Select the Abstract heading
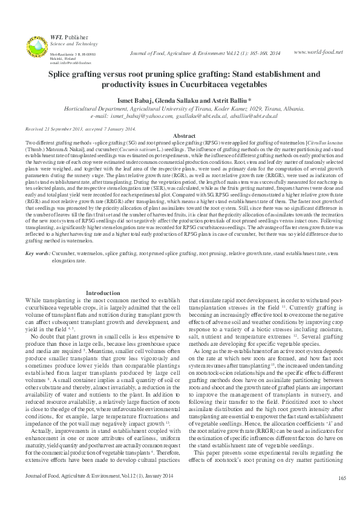click(x=184, y=136)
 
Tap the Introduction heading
click(x=103, y=293)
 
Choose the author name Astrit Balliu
click(x=227, y=99)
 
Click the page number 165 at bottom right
click(x=342, y=496)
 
